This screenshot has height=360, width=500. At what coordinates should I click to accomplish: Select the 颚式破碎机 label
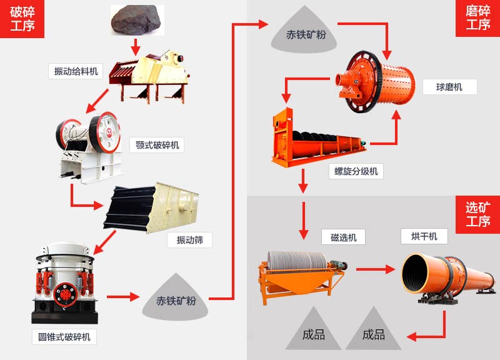tap(157, 146)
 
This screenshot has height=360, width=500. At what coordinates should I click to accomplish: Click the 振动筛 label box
tap(189, 239)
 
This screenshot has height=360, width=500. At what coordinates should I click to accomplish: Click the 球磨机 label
tap(449, 87)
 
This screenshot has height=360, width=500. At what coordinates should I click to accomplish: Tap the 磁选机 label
tap(343, 237)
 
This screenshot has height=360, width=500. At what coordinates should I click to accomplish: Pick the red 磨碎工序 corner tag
tap(477, 19)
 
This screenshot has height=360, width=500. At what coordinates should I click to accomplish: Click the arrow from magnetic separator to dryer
tap(376, 269)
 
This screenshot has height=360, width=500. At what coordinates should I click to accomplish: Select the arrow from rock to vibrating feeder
tap(135, 46)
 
